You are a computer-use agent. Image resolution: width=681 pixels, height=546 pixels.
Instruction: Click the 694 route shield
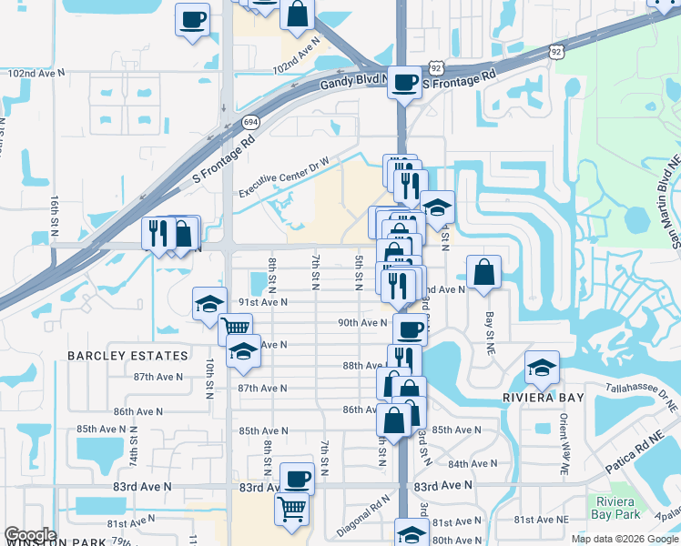coord(251,120)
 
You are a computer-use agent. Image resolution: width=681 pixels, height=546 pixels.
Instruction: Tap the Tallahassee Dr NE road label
coord(643,394)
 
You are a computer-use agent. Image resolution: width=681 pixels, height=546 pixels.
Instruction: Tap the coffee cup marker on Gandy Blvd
coord(404,83)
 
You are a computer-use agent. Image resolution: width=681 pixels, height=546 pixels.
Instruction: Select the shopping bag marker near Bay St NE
coord(484,271)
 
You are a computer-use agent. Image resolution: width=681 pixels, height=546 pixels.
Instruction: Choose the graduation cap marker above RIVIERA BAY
coord(543,367)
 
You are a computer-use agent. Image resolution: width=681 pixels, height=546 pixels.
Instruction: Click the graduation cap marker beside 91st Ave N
coord(209,303)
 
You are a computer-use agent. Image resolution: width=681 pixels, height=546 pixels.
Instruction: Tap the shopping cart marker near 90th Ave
coord(235,327)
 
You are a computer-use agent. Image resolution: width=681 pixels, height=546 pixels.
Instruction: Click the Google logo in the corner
coord(30,535)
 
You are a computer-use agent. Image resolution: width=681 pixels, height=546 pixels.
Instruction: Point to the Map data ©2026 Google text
coord(625,539)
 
